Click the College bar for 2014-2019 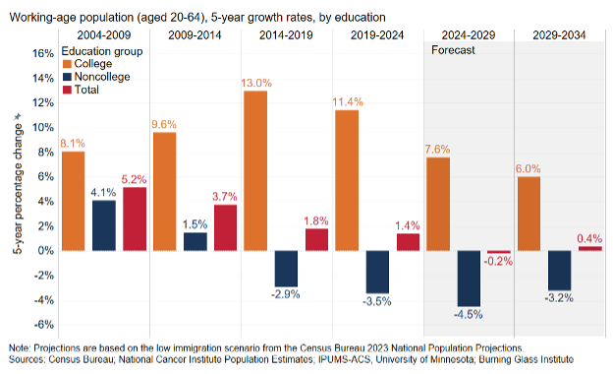tap(255, 170)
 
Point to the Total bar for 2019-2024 tap(408, 241)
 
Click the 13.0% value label tap(255, 83)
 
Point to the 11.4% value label tap(348, 101)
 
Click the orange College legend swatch tap(66, 63)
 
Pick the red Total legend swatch tap(66, 90)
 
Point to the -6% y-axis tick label tap(44, 325)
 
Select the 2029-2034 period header tap(561, 35)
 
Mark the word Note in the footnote tap(20, 347)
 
